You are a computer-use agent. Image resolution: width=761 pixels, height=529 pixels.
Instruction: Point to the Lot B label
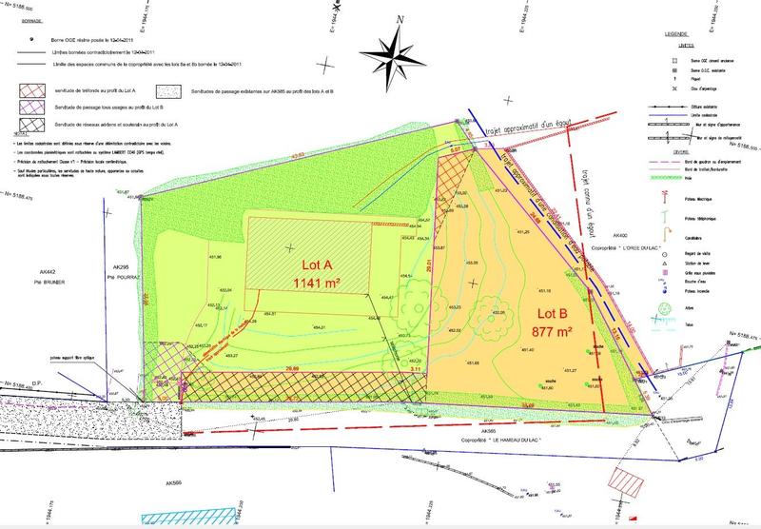click(x=536, y=313)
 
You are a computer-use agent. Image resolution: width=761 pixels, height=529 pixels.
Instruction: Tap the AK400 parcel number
click(x=622, y=234)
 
